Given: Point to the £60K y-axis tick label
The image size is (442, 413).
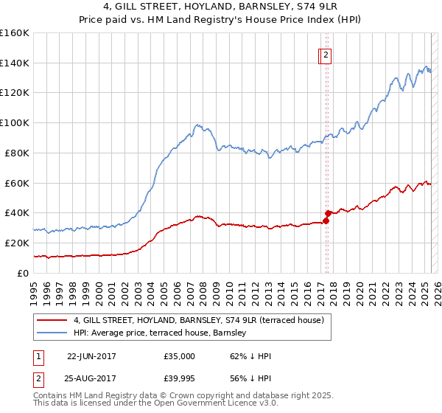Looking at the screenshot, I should pos(16,183).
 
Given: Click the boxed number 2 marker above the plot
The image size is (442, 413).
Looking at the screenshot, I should pos(326,54).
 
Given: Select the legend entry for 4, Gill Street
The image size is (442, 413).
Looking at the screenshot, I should pos(199,320).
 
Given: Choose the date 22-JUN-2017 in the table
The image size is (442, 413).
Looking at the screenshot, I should pos(91,356).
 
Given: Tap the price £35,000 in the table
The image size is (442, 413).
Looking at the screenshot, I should pos(180,356).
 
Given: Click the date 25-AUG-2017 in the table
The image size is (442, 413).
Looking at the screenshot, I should pos(91,380).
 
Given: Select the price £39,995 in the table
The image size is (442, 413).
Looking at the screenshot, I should pos(180,380).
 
